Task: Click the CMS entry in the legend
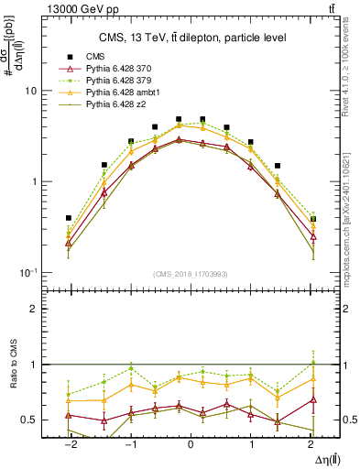tap(94, 57)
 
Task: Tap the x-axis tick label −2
tap(69, 444)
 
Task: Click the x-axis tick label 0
tap(191, 444)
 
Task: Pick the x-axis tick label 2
tap(312, 444)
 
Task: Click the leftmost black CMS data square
tap(69, 218)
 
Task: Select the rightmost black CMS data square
tap(313, 219)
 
